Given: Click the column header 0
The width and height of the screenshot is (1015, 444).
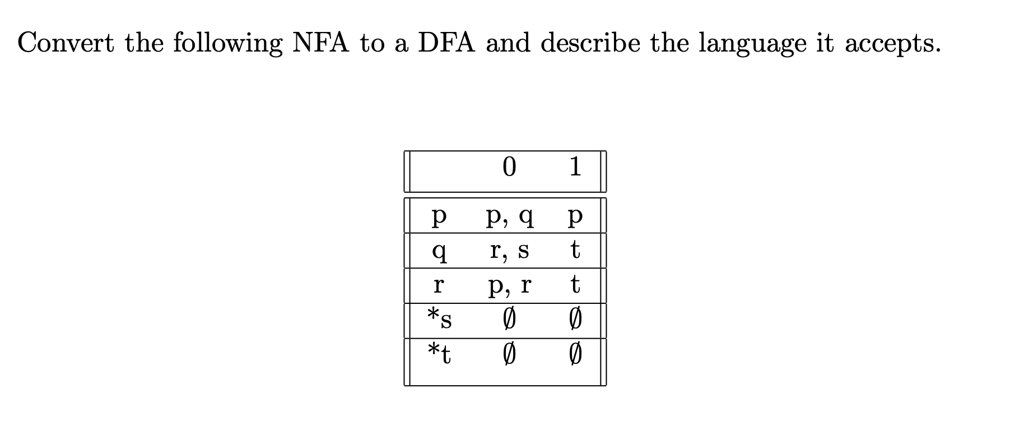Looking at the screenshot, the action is coord(509,167).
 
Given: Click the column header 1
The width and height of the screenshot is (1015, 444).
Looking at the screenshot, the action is coord(575,167).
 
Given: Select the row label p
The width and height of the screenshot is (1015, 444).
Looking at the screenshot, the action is coord(440,216).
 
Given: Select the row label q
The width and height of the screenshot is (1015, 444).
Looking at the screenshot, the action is coord(440,251).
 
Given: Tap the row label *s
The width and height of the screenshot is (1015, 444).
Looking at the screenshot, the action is coord(440,318).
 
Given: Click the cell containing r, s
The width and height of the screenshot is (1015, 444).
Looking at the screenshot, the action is coord(509,251).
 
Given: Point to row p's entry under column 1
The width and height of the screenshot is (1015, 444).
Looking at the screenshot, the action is coord(575,216).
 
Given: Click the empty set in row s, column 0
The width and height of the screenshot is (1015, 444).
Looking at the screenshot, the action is coord(508,320).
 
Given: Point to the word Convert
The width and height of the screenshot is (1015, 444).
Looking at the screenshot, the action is coord(66,43).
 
